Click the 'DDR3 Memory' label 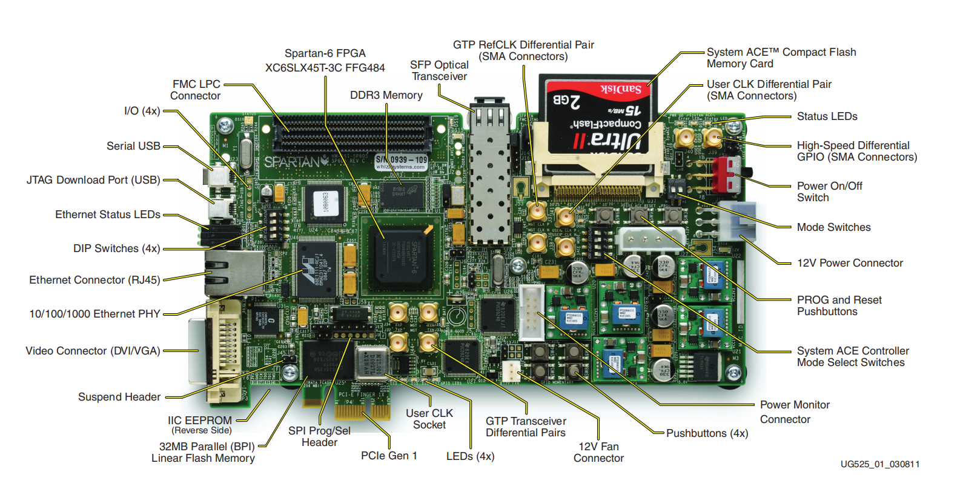coord(386,95)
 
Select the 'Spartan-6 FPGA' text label coord(325,53)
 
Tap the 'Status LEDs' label coord(827,116)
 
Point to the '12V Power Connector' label coord(849,263)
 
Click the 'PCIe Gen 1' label coord(389,456)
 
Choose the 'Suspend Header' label coord(119,397)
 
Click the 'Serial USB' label coord(133,146)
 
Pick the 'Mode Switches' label coord(833,227)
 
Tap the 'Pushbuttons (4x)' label coord(707,433)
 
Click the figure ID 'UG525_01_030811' coord(879,464)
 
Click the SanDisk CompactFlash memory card coord(598,118)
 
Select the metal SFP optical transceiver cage coord(490,176)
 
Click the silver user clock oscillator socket coord(371,362)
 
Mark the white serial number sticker coord(401,162)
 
